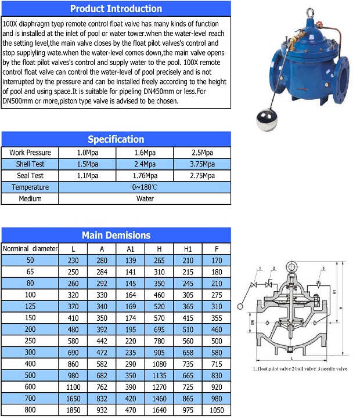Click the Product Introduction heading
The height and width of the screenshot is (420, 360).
[116, 9]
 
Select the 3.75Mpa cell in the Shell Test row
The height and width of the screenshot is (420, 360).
[201, 164]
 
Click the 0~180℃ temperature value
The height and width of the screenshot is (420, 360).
[145, 187]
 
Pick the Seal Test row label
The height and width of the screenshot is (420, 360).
[30, 176]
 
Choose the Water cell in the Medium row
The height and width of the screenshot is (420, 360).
[145, 199]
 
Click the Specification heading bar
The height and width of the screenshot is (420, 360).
[116, 139]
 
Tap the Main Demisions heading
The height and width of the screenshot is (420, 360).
[116, 235]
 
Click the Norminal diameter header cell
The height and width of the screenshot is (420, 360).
[30, 249]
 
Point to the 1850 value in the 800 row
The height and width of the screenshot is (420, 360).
[73, 411]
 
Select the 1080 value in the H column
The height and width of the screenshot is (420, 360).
[159, 364]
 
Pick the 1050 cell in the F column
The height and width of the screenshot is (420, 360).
[217, 411]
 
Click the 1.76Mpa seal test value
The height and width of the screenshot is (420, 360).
[145, 176]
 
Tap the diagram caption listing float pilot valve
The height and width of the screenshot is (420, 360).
[300, 369]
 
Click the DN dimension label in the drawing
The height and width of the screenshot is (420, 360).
[253, 322]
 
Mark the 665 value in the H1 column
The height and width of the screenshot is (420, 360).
[188, 376]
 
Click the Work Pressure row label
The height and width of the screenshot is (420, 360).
[30, 153]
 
